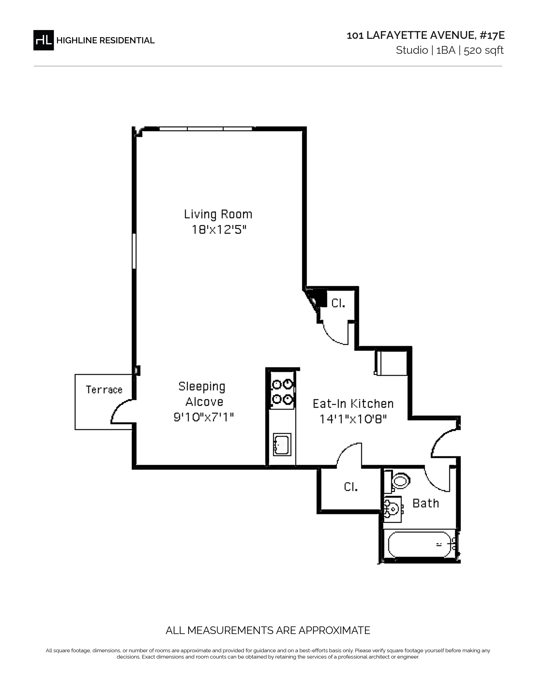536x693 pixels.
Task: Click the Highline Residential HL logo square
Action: [44, 40]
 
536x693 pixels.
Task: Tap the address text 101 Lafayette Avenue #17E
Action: [425, 35]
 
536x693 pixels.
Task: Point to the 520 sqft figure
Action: [484, 50]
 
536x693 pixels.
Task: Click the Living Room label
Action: [218, 214]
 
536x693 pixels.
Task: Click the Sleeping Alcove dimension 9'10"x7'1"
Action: [203, 417]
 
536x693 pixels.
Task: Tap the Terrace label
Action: [104, 389]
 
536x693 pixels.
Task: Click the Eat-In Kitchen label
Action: [353, 404]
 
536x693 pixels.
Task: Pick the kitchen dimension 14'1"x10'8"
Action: [353, 419]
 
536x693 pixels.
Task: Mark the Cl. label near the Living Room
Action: [338, 303]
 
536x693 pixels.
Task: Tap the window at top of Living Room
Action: [206, 129]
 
